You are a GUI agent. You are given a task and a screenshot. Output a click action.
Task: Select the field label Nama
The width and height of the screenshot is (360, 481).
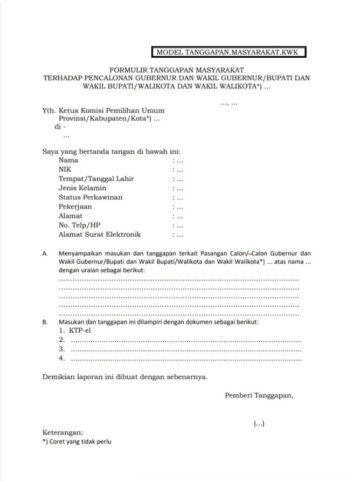(68, 160)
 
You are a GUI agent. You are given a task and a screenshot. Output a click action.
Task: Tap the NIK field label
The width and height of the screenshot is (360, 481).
(65, 169)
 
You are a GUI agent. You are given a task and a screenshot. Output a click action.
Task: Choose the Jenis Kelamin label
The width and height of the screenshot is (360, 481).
(82, 188)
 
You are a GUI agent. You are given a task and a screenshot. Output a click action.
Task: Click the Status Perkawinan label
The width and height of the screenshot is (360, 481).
(91, 197)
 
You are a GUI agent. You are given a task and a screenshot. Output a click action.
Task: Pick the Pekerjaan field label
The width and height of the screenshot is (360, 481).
(75, 207)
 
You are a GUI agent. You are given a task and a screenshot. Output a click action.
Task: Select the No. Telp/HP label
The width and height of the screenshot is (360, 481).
(79, 225)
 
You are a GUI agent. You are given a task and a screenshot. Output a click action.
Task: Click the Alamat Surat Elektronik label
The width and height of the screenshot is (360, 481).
(100, 234)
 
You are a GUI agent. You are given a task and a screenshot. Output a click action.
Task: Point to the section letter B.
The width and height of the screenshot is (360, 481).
(45, 322)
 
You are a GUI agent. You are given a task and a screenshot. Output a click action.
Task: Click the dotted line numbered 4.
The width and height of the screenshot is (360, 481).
(186, 359)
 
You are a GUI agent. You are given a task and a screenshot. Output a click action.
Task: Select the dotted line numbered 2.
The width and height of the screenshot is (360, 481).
(186, 340)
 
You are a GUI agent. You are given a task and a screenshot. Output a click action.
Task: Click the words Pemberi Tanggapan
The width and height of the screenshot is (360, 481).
(259, 395)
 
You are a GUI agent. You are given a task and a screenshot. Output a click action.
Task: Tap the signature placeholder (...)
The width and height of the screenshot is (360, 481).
(259, 424)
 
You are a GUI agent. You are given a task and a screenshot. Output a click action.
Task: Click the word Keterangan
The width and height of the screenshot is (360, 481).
(63, 432)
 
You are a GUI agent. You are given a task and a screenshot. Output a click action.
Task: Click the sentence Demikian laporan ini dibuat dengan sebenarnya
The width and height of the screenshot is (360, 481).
(124, 377)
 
